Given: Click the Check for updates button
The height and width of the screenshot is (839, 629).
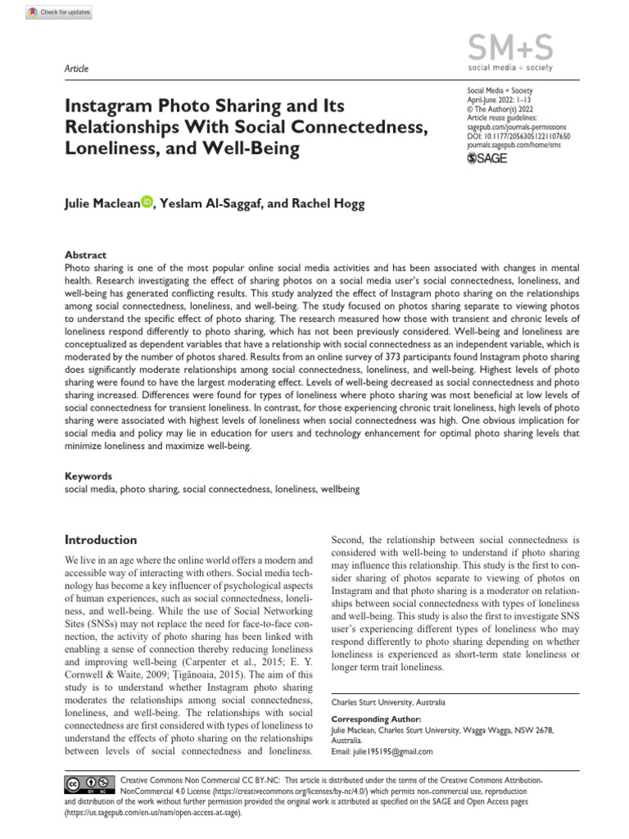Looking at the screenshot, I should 59,12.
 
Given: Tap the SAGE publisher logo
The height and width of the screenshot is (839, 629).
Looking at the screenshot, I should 486,158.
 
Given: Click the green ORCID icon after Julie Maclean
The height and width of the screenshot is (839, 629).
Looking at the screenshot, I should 147,202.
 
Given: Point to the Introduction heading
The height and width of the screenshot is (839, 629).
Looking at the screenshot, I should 101,540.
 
